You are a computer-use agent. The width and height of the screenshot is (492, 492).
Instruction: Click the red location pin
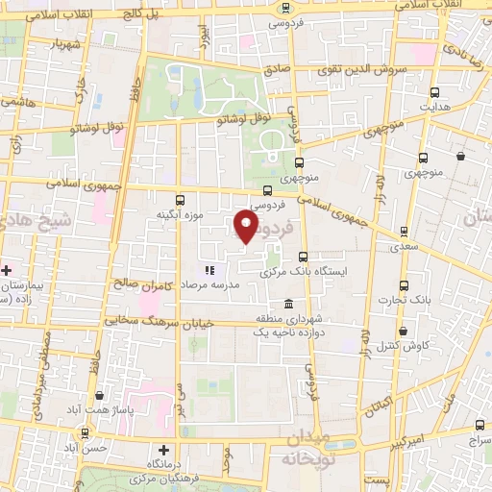coord(247,227)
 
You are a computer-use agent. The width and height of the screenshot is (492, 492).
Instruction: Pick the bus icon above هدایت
coord(435,93)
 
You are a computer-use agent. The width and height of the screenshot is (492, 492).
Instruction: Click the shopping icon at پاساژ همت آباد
coord(102,395)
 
